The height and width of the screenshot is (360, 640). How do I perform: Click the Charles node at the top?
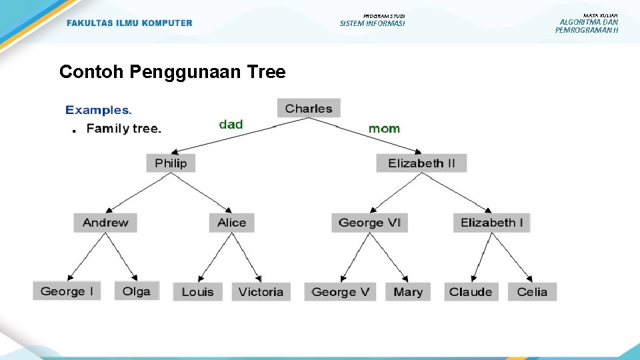pyautogui.click(x=309, y=109)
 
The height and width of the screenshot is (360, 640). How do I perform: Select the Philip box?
pyautogui.click(x=171, y=163)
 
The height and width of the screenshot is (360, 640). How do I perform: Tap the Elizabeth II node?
pyautogui.click(x=421, y=163)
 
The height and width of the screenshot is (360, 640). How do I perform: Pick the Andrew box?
pyautogui.click(x=105, y=223)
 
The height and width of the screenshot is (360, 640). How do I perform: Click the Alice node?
pyautogui.click(x=231, y=223)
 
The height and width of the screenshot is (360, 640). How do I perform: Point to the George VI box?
pyautogui.click(x=369, y=223)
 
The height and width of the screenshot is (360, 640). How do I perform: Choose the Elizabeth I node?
pyautogui.click(x=491, y=223)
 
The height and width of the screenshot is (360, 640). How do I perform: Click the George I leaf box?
pyautogui.click(x=67, y=291)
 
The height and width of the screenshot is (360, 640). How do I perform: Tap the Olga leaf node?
pyautogui.click(x=137, y=291)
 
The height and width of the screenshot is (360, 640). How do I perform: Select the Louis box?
pyautogui.click(x=197, y=292)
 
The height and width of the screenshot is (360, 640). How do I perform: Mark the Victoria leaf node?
pyautogui.click(x=261, y=292)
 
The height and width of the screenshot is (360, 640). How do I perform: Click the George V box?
pyautogui.click(x=340, y=292)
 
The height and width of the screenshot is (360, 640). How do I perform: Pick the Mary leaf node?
pyautogui.click(x=408, y=292)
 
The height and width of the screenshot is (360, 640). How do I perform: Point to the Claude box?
pyautogui.click(x=471, y=292)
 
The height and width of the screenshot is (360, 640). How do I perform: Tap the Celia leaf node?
pyautogui.click(x=532, y=292)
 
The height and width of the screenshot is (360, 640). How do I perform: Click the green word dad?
pyautogui.click(x=231, y=124)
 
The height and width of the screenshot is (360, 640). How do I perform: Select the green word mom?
pyautogui.click(x=384, y=128)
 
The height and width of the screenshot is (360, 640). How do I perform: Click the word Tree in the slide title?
pyautogui.click(x=265, y=71)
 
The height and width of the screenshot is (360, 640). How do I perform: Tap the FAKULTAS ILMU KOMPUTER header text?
pyautogui.click(x=129, y=23)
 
